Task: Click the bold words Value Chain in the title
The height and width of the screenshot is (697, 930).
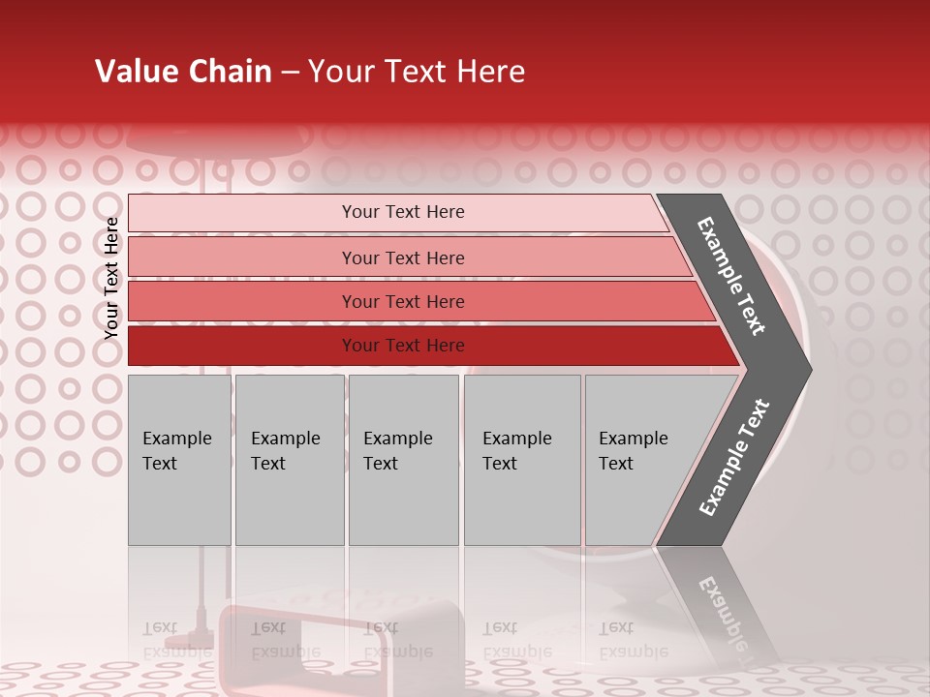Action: coord(183,72)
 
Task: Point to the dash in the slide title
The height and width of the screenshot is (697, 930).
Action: coord(290,73)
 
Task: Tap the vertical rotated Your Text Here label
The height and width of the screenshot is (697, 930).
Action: coord(111,278)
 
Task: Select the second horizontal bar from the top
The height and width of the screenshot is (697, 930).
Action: coord(402,258)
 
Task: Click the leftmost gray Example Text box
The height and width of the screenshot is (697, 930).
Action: coord(179,460)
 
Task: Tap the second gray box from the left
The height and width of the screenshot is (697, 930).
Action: coord(289,460)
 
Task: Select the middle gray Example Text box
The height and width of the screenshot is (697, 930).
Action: coord(403,460)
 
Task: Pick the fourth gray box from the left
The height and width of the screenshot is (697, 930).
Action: coord(521,460)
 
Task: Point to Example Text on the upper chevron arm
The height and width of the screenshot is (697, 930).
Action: coord(731,276)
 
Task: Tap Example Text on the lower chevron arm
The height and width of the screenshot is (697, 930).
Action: coord(733,458)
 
